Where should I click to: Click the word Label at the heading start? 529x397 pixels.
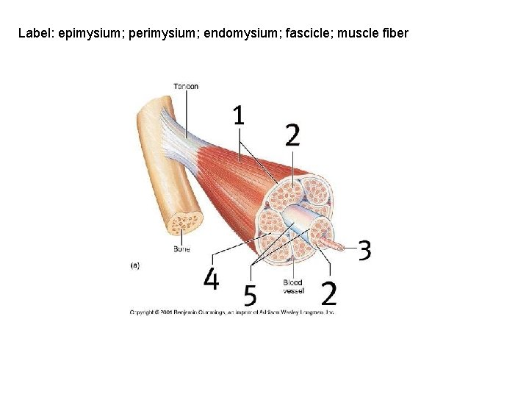(33, 33)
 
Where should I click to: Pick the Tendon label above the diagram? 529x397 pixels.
(186, 87)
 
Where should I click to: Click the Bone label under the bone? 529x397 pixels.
(181, 249)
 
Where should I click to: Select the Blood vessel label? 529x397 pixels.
(292, 287)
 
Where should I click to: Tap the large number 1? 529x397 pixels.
(239, 115)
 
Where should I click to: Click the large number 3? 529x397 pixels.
(364, 250)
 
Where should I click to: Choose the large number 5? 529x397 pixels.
(251, 296)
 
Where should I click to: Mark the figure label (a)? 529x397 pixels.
(135, 265)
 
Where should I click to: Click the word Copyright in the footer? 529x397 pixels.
(143, 312)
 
